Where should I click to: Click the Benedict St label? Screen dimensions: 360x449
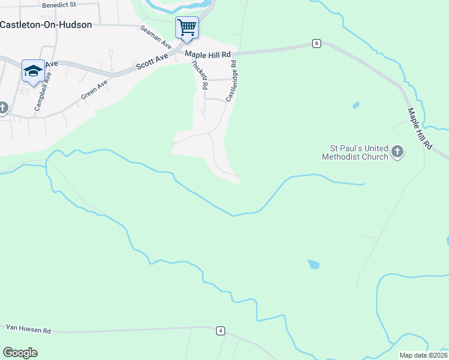pos(59,4)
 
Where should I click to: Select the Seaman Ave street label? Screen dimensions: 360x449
pos(156,37)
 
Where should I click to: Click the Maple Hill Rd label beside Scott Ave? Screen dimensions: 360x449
pos(208,55)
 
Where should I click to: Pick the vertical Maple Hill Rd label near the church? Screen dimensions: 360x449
pos(420,128)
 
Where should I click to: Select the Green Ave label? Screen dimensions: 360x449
pos(94,90)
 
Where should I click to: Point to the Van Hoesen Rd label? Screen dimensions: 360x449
pos(29,328)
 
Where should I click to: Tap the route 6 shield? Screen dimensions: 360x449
pos(316,43)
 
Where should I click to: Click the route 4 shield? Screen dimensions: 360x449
pos(221,331)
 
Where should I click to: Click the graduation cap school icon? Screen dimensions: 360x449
pos(33,71)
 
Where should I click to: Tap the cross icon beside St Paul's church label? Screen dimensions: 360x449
pos(397,152)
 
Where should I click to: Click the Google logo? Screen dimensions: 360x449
pos(20,353)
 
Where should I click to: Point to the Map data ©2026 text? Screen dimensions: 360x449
pos(423,355)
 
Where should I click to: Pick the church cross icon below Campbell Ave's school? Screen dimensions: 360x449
pos(3,108)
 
